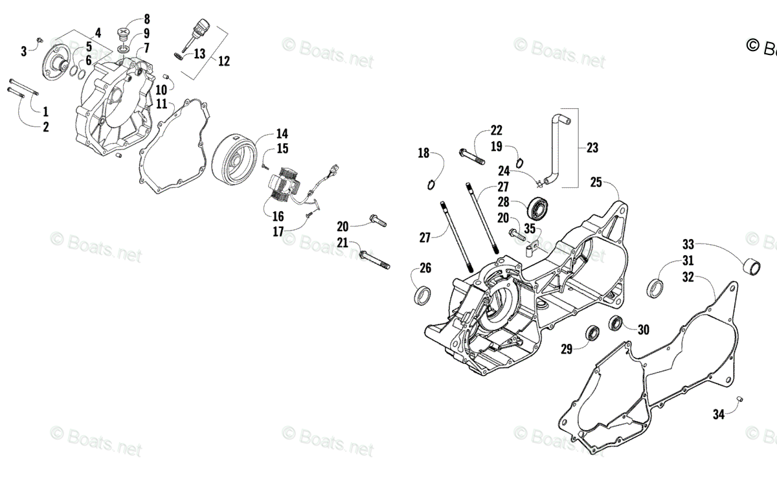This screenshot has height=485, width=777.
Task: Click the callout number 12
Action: pos(223,62)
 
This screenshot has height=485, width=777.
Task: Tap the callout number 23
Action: pos(592,148)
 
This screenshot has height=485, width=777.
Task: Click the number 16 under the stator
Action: pos(278,217)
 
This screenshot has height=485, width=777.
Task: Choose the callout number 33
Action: pos(688,244)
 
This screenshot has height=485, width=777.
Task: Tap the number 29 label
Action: pos(567,350)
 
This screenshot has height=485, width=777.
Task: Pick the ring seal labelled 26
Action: pos(423,295)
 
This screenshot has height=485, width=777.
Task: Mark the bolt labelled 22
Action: pos(470,155)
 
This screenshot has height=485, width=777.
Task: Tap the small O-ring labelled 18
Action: pos(432,185)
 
